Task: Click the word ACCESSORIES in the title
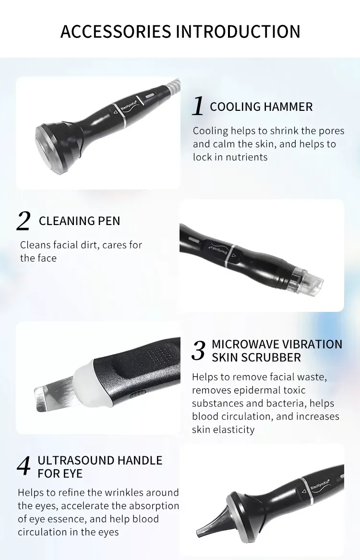pyautogui.click(x=116, y=31)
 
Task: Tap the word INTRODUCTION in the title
pyautogui.click(x=238, y=31)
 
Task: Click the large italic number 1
pyautogui.click(x=198, y=106)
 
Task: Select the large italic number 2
pyautogui.click(x=24, y=221)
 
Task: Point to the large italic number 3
pyautogui.click(x=199, y=350)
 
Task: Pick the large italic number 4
pyautogui.click(x=24, y=466)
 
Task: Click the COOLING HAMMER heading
pyautogui.click(x=261, y=107)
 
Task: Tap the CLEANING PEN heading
pyautogui.click(x=79, y=221)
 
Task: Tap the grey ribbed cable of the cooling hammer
pyautogui.click(x=173, y=84)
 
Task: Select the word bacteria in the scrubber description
pyautogui.click(x=287, y=403)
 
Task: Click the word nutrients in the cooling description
pyautogui.click(x=246, y=157)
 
